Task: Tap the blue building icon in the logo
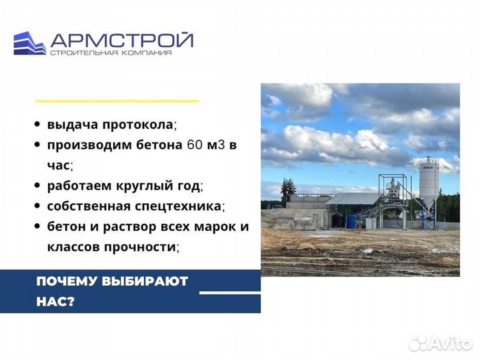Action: [29, 43]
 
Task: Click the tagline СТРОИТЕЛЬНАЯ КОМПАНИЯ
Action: [110, 53]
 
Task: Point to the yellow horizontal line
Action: [117, 101]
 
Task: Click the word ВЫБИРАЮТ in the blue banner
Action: [146, 281]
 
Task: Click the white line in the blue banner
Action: [229, 292]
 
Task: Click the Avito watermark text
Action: [447, 343]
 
